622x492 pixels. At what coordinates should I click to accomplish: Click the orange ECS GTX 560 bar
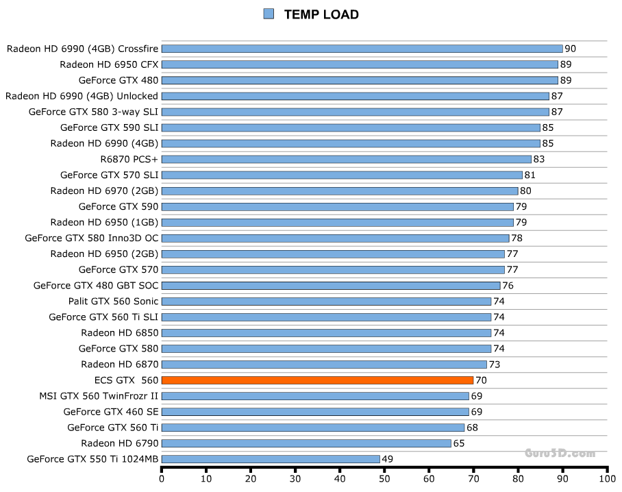(317, 380)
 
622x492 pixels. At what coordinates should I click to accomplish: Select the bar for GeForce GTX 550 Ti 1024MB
(270, 459)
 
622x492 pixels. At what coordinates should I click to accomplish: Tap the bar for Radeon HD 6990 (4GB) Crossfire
(362, 49)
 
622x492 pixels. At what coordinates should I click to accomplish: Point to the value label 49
(388, 459)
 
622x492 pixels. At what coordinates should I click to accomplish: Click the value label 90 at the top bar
(570, 49)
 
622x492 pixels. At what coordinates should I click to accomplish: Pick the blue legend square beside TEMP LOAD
(269, 14)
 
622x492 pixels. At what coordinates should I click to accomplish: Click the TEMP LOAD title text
(321, 14)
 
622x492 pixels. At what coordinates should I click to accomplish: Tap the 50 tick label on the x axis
(384, 478)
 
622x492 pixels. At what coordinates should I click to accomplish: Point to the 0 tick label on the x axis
(162, 478)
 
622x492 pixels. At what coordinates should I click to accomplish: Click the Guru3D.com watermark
(560, 453)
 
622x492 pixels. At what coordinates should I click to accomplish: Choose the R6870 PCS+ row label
(129, 159)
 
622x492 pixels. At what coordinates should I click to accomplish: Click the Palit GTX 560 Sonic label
(113, 302)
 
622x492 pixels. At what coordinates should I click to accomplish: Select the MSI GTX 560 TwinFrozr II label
(99, 396)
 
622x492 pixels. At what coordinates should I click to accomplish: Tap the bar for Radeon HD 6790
(306, 443)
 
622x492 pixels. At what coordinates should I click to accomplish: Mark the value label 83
(538, 159)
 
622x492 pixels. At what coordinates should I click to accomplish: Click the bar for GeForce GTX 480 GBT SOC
(331, 286)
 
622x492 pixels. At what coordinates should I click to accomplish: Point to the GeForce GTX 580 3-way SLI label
(93, 112)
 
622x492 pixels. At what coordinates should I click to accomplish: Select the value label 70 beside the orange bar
(481, 380)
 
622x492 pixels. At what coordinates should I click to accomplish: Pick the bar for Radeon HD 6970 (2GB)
(340, 191)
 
